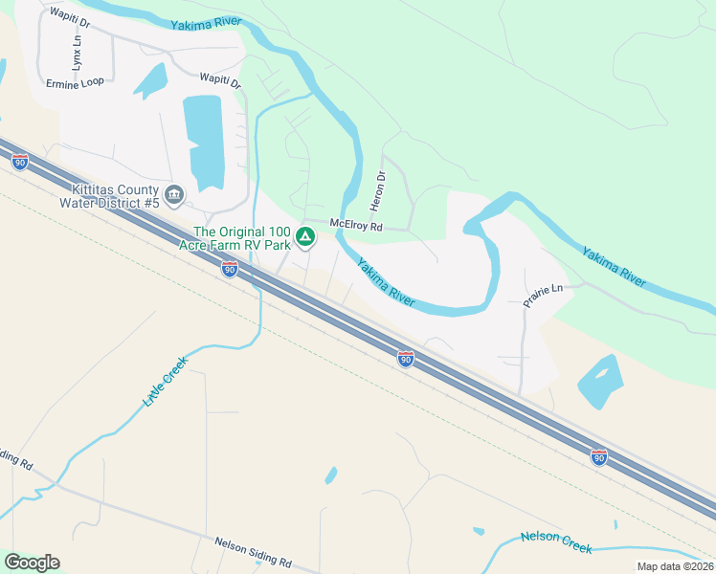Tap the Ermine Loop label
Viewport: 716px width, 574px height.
(x=75, y=83)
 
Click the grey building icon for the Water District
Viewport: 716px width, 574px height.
(x=174, y=195)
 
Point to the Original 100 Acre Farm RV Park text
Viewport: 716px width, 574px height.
(x=242, y=238)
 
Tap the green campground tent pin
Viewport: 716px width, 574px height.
(x=305, y=236)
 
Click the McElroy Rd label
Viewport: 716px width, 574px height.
(x=356, y=227)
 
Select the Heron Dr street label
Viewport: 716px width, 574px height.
(x=377, y=191)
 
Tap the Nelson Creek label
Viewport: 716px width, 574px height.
(x=556, y=541)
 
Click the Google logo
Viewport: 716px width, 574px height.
(x=32, y=563)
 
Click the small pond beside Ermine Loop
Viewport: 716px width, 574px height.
(x=150, y=82)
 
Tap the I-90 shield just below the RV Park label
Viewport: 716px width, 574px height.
(x=229, y=270)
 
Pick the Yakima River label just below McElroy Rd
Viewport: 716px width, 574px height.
(x=387, y=283)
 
